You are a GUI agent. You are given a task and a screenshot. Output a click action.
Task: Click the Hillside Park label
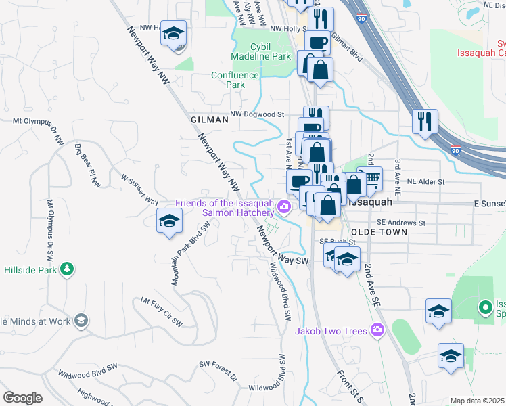30,269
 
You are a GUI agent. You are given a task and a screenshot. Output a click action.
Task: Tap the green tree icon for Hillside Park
66,270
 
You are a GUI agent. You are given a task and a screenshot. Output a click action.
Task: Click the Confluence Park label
235,81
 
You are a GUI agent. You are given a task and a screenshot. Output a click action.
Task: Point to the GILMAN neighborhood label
209,119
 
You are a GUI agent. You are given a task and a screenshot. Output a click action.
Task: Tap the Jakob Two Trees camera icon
377,331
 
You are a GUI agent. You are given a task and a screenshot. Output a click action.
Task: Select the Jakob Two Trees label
331,331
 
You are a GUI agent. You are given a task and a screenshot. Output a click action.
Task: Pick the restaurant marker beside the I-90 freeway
425,122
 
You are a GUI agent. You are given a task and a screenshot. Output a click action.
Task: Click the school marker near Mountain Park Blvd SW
169,221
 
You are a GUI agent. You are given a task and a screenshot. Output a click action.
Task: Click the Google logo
22,397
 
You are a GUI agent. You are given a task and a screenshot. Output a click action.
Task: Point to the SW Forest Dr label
218,373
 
